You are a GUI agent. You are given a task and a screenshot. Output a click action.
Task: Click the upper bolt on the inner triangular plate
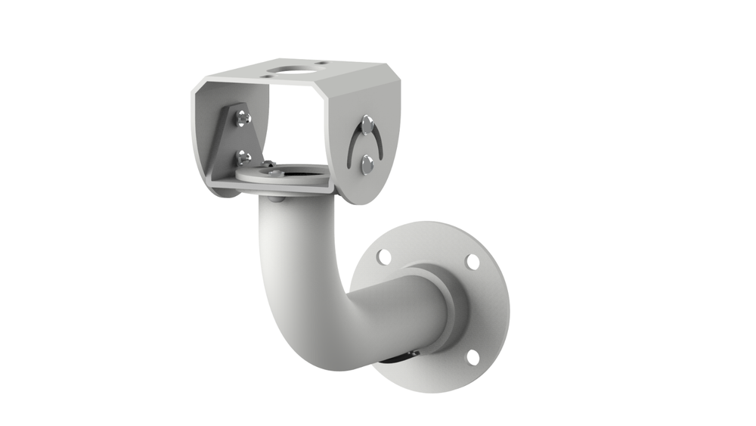[241, 117]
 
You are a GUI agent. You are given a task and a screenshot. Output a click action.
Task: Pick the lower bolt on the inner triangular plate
[243, 157]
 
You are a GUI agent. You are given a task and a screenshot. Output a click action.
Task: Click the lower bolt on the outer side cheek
[367, 163]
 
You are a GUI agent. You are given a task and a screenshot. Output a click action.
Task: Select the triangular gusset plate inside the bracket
[234, 140]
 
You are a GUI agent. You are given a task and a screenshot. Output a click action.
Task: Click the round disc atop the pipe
[283, 174]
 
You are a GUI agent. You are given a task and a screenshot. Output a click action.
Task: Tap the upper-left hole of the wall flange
[384, 257]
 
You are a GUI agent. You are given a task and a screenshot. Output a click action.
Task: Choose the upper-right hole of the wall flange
[472, 261]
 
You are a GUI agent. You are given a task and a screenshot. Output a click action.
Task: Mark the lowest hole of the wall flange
[472, 356]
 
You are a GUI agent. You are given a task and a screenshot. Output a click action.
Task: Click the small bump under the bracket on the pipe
[276, 199]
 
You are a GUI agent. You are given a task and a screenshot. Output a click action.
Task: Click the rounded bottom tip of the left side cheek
[219, 191]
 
